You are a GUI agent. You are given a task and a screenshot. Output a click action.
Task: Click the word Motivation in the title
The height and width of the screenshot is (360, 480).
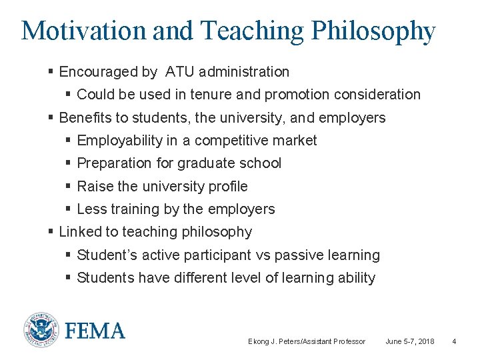click(83, 31)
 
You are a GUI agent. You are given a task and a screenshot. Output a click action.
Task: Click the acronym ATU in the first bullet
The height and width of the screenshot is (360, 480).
click(180, 71)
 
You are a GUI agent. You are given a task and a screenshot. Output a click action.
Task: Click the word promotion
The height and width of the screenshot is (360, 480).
click(309, 95)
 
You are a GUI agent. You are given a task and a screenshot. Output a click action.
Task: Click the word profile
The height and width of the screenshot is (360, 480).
click(227, 187)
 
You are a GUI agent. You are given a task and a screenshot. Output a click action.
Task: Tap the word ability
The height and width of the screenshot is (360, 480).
click(357, 278)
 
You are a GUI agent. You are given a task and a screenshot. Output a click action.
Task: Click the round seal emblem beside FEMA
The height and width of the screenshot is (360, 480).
click(41, 330)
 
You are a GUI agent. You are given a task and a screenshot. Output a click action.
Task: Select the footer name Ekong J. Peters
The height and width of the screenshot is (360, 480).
click(275, 341)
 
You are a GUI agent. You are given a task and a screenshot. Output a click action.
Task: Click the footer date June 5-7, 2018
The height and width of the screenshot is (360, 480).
click(410, 341)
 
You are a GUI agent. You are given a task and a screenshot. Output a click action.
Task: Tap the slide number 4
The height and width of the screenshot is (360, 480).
click(454, 341)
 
